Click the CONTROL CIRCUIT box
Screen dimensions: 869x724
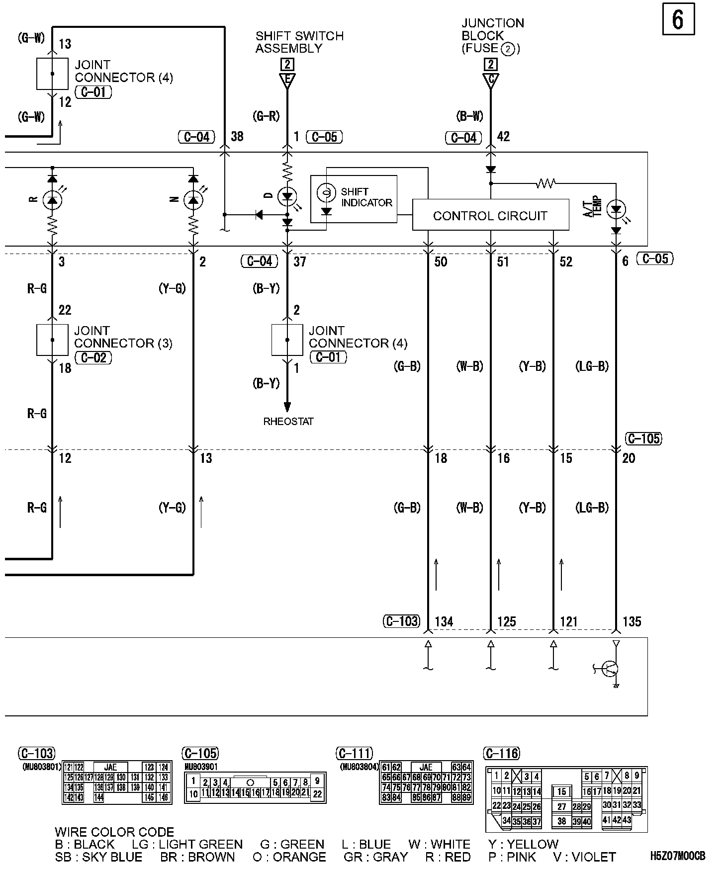pos(490,215)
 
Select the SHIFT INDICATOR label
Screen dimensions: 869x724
pos(366,197)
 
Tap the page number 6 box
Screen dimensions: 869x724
pos(678,20)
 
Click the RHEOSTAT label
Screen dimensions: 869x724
pos(288,422)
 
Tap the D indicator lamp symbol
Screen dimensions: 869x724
pos(287,197)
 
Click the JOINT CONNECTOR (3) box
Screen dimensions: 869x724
pos(52,340)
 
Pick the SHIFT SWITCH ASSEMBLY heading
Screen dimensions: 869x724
pos(299,42)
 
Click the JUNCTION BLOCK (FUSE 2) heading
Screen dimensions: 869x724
pos(492,36)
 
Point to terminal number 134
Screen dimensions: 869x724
pos(444,621)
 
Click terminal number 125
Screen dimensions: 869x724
pos(506,621)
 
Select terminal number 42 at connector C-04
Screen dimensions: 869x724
pos(503,137)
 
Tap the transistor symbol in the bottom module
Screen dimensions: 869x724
pos(610,669)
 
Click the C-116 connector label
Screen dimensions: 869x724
pos(502,754)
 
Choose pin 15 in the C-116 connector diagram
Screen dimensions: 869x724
pos(561,791)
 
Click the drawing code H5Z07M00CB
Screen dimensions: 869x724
pos(677,856)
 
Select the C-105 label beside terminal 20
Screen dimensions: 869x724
pos(644,438)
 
